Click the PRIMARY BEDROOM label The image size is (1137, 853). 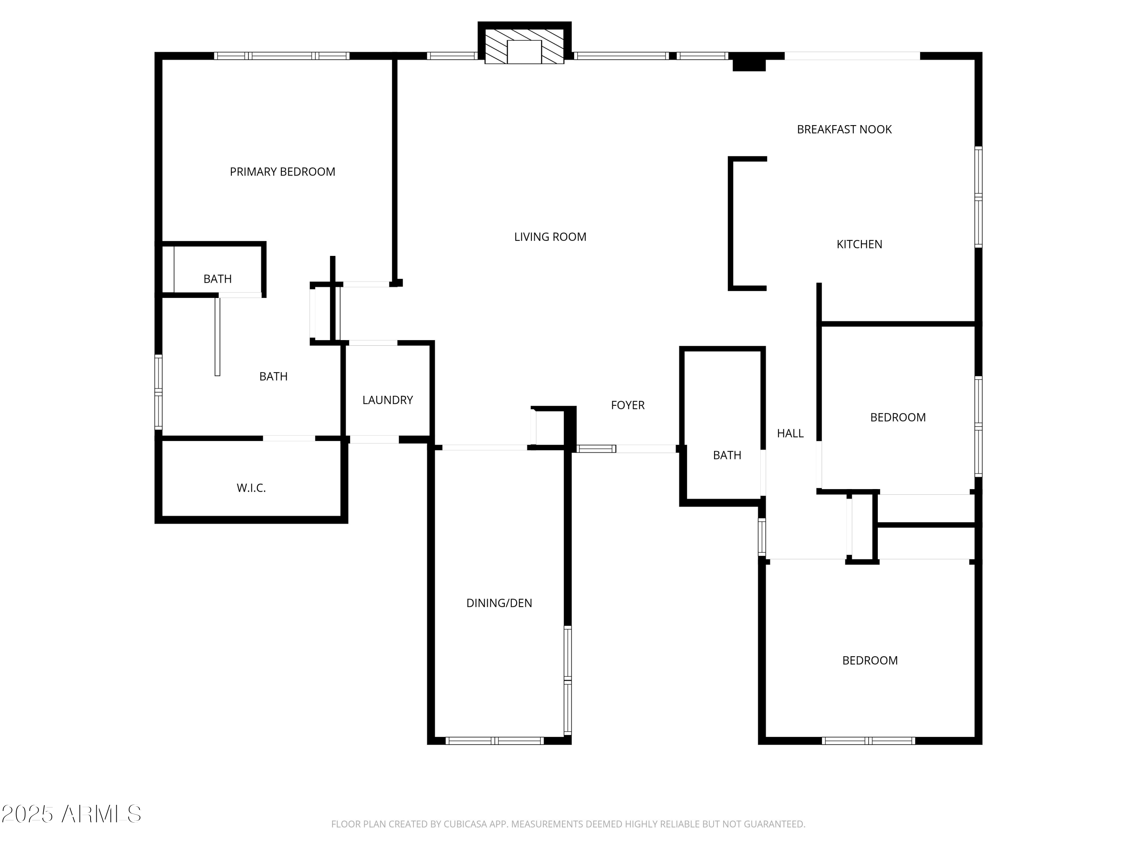click(282, 172)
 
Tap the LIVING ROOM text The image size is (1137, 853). click(550, 237)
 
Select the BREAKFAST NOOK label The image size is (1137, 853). click(844, 130)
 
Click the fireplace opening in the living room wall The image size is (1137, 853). click(524, 52)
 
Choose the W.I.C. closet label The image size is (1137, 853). click(251, 488)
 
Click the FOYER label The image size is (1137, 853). click(627, 405)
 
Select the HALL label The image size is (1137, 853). click(790, 433)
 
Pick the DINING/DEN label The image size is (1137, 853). click(499, 603)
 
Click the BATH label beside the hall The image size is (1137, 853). click(727, 455)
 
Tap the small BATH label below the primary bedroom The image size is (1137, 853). click(218, 279)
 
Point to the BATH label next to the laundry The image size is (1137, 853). click(273, 377)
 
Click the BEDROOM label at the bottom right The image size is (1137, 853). click(870, 661)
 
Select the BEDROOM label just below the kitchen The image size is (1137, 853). click(897, 417)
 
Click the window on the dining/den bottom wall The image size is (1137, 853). click(495, 741)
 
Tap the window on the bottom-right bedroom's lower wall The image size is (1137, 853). click(868, 741)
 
